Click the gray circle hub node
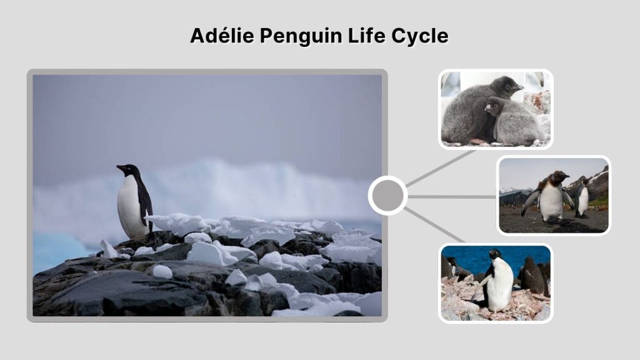tap(387, 196)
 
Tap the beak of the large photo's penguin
tap(119, 167)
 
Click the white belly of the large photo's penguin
tap(129, 206)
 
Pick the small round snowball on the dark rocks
tap(162, 271)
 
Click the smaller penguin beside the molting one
tap(582, 199)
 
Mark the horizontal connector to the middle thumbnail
tap(452, 196)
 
